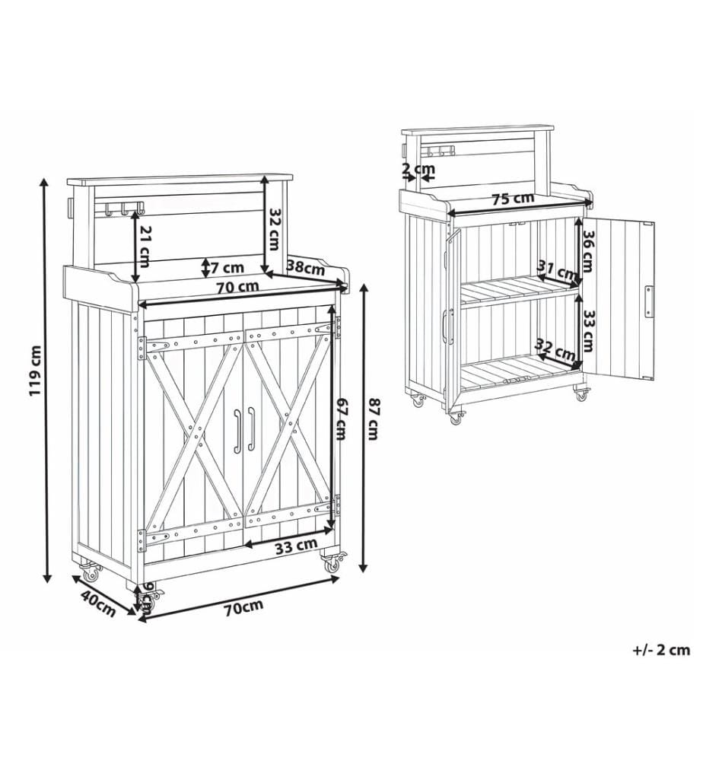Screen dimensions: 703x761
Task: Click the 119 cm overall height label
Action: click(x=36, y=370)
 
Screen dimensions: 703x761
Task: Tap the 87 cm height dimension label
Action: click(x=372, y=419)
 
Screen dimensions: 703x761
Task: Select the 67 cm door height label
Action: click(x=341, y=419)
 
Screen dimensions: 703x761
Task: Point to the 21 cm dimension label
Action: click(x=144, y=247)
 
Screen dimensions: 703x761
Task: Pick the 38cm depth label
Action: click(x=306, y=267)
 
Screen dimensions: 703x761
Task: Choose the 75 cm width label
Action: click(x=512, y=199)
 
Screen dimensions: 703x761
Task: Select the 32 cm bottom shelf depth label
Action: click(x=556, y=349)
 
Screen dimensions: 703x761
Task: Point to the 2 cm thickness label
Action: click(x=418, y=170)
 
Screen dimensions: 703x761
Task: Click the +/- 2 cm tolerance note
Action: click(x=661, y=650)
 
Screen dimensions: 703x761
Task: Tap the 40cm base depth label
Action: click(x=98, y=603)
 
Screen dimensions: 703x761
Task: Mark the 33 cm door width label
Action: click(x=296, y=547)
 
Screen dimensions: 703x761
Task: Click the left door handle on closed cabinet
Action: click(x=237, y=431)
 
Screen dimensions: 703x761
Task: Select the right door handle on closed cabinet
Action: click(x=251, y=429)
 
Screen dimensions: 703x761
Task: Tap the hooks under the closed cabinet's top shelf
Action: click(x=124, y=209)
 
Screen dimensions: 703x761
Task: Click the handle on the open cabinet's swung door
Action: click(x=648, y=301)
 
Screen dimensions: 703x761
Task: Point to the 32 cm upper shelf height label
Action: click(x=274, y=229)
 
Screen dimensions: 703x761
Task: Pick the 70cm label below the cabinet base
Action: click(x=243, y=607)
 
